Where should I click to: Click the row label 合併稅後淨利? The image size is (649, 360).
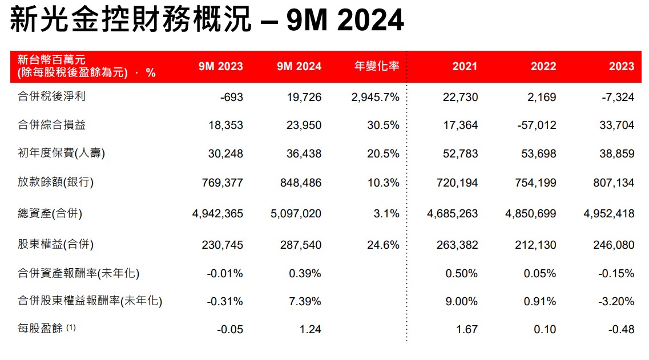click(52, 96)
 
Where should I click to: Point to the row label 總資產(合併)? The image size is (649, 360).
click(50, 213)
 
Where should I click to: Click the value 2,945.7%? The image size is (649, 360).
click(376, 97)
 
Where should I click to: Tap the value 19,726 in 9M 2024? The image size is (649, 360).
click(304, 97)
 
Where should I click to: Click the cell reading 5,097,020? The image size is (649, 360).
click(296, 214)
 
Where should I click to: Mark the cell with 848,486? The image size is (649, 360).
click(299, 183)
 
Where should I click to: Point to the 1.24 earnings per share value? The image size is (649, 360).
click(311, 329)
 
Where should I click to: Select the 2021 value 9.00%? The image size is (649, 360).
click(461, 301)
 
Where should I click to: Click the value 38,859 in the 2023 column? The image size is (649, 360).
click(616, 154)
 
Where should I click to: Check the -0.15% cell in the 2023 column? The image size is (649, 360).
click(616, 273)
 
